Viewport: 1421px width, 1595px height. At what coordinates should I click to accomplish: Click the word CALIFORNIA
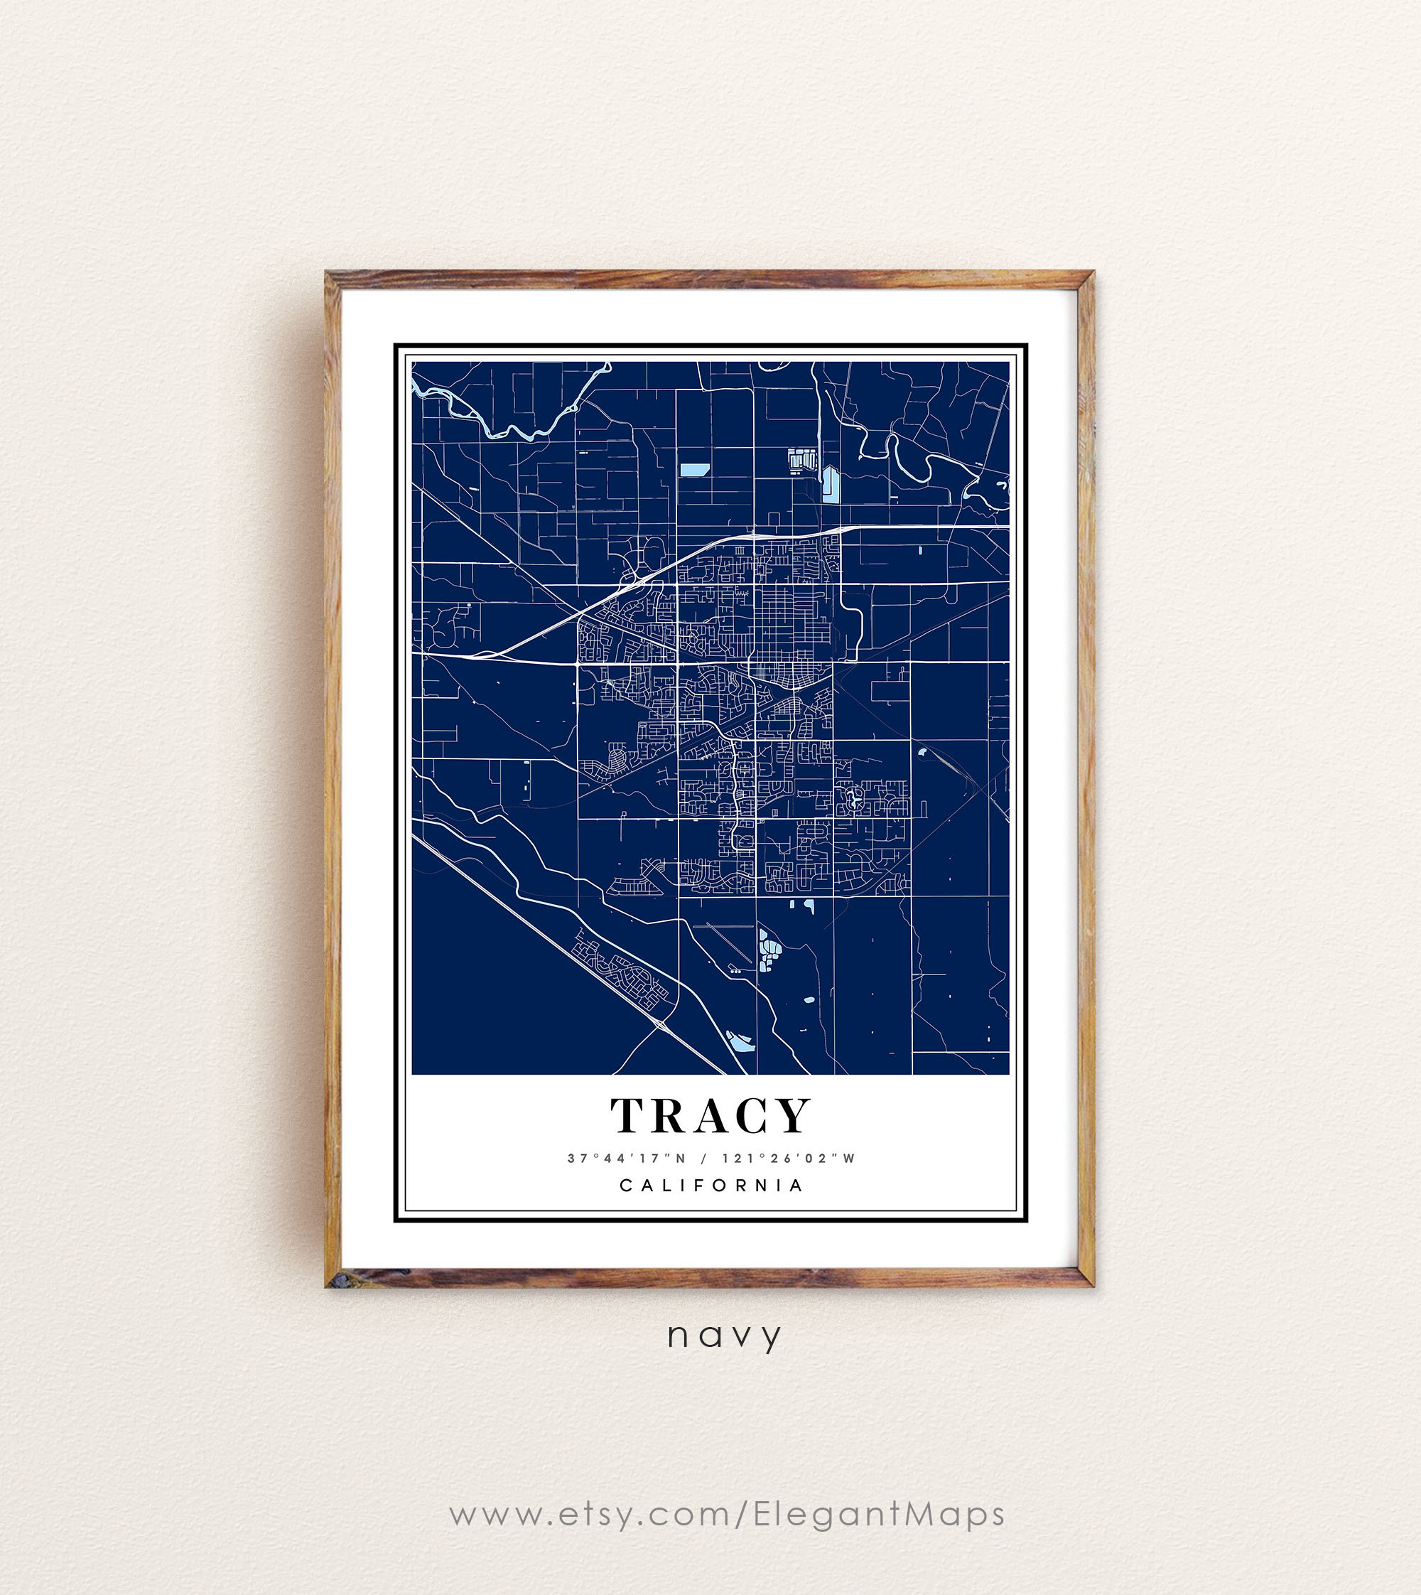pyautogui.click(x=711, y=1186)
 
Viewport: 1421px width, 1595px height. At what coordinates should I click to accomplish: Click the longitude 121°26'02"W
pyautogui.click(x=789, y=1159)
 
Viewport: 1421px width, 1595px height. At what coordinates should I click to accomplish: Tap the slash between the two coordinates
pyautogui.click(x=704, y=1159)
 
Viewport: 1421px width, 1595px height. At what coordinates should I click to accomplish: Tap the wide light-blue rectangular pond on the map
pyautogui.click(x=694, y=469)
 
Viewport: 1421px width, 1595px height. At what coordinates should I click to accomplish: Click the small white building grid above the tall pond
pyautogui.click(x=802, y=459)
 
